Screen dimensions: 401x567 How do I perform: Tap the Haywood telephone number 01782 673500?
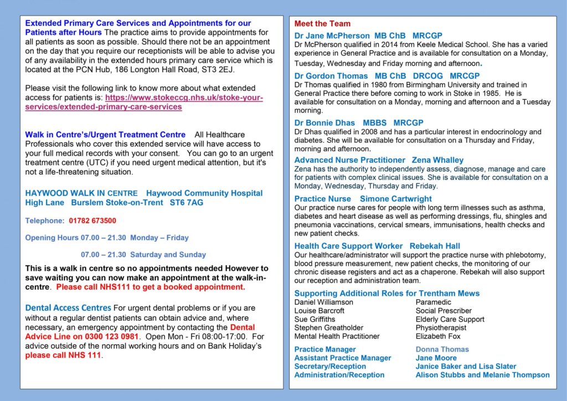[x=92, y=220]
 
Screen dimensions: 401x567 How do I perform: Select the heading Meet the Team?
[x=322, y=24]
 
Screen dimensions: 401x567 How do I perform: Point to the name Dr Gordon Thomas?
[x=331, y=76]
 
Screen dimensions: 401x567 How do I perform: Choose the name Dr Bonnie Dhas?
[x=324, y=122]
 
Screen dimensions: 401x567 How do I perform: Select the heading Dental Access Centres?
[x=68, y=308]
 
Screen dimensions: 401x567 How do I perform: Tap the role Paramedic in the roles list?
[x=434, y=302]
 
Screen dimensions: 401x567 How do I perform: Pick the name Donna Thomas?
[x=442, y=349]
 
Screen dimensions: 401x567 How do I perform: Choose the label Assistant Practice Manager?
[x=343, y=358]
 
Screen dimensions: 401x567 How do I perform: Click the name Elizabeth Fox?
[x=438, y=336]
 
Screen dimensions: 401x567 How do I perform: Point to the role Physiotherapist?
[x=441, y=328]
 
